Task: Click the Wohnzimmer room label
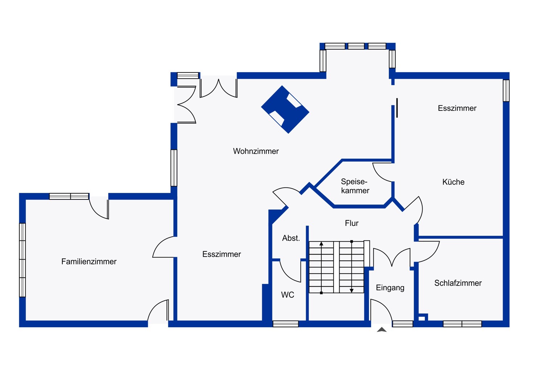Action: (x=256, y=151)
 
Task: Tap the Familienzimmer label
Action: (x=89, y=262)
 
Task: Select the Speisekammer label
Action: (x=355, y=186)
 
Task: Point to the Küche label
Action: (x=453, y=182)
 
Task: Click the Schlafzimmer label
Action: (x=458, y=283)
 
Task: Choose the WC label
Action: (x=288, y=295)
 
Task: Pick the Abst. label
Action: (x=291, y=238)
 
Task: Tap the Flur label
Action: (x=352, y=223)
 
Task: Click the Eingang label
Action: (x=390, y=288)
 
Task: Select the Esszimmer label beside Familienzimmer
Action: (x=222, y=254)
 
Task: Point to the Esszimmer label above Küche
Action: (x=457, y=108)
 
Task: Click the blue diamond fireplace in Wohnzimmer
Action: (x=285, y=109)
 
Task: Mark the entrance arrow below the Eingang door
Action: (x=382, y=330)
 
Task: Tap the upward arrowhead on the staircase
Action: (x=321, y=244)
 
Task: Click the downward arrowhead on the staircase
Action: (x=351, y=291)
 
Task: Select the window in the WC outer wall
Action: (x=286, y=324)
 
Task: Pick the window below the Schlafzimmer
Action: (x=462, y=324)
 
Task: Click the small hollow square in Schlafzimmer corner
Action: (x=422, y=319)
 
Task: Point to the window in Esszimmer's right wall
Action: (x=506, y=90)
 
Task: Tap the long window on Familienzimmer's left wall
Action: (x=22, y=260)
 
